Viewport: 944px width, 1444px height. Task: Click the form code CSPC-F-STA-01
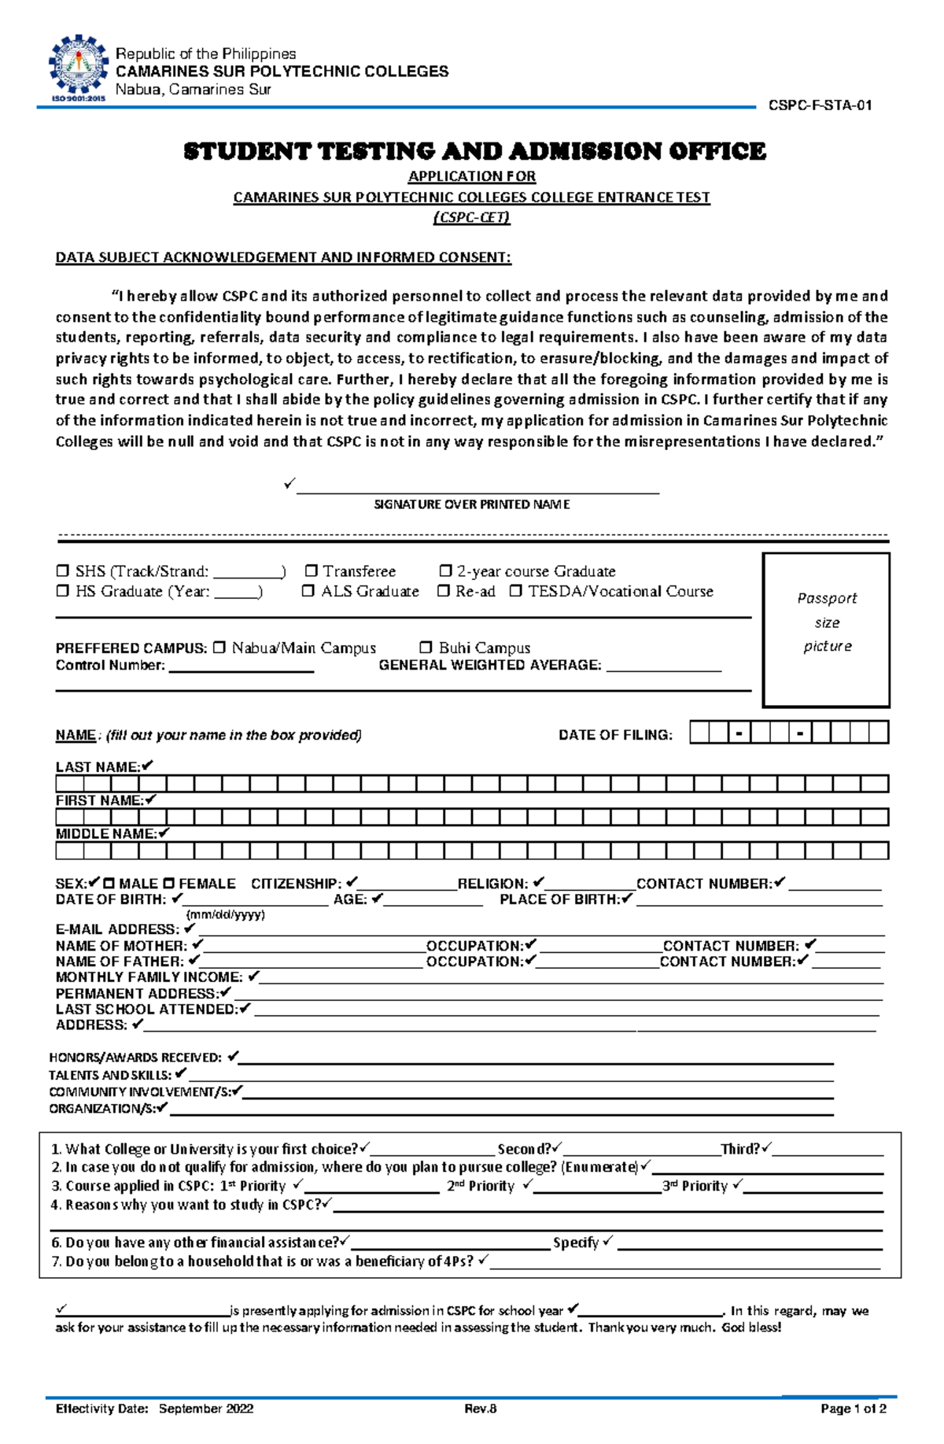(820, 105)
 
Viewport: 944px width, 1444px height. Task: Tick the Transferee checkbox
(312, 571)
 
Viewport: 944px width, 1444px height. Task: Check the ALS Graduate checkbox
(308, 591)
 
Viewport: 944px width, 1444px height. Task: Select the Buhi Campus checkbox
(426, 647)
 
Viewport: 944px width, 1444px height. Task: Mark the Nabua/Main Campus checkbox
(219, 647)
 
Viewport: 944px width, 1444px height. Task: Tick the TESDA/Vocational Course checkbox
(515, 591)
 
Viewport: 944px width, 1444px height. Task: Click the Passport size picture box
(826, 630)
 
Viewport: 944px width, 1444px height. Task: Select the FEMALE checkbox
(168, 884)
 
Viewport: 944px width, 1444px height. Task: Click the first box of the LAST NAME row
(69, 784)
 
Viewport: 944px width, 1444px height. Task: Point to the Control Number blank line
(242, 669)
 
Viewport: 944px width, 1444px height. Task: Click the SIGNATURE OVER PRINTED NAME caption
(471, 504)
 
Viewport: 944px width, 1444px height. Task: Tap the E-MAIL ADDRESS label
(116, 929)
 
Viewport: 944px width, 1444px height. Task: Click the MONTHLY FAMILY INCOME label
(149, 977)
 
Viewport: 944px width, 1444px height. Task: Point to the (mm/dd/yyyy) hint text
(225, 914)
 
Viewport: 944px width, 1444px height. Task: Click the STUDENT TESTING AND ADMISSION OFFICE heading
(474, 151)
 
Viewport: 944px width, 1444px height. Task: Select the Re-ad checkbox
(443, 591)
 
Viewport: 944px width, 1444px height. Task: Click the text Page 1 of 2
(853, 1409)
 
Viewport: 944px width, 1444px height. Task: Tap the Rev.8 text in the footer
(480, 1409)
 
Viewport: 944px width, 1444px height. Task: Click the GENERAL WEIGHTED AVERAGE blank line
(664, 669)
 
